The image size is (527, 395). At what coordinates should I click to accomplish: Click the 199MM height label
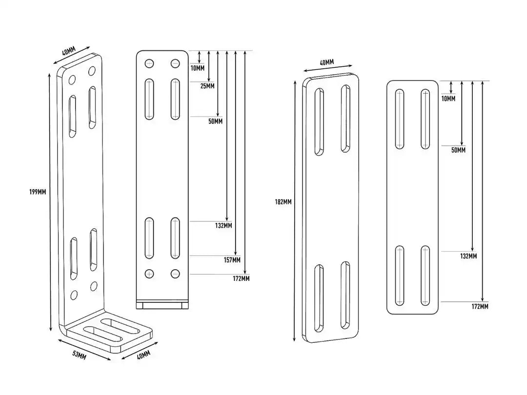point(38,192)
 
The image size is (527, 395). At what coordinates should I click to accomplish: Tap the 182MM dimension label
point(283,202)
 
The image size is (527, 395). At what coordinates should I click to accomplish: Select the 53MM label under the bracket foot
point(80,355)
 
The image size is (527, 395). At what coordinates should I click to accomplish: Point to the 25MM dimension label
point(207,86)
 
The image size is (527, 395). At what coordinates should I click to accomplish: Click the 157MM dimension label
point(232,260)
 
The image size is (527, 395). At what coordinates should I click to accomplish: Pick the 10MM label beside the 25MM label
point(197,69)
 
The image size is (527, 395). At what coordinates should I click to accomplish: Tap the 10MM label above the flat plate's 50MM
point(448,99)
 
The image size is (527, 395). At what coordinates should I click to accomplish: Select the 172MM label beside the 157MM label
point(241,278)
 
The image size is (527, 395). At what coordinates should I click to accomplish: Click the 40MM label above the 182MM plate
point(326,62)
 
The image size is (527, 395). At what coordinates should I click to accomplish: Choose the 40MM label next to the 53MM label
point(143,355)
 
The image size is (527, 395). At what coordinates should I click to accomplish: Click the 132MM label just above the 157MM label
point(223,226)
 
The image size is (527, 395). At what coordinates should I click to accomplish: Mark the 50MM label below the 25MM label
point(216,121)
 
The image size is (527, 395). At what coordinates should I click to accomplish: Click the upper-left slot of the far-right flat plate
point(399,119)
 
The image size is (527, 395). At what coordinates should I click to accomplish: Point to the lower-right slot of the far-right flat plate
point(425,276)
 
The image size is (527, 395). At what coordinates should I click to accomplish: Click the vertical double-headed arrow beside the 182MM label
point(295,211)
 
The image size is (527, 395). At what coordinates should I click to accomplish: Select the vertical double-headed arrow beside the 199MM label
point(50,202)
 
